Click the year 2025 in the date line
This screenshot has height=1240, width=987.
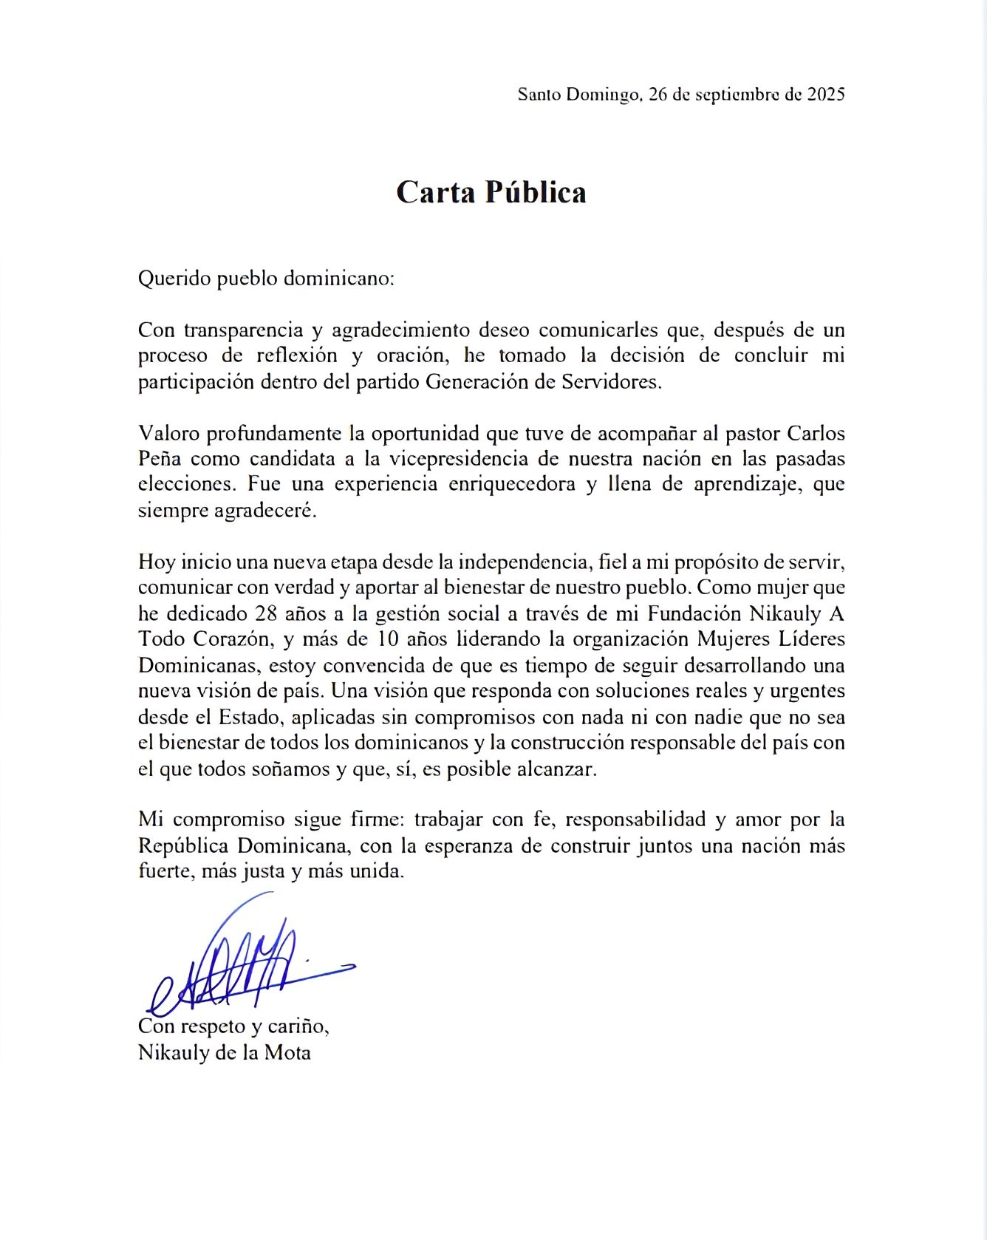[x=825, y=95]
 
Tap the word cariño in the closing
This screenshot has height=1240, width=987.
[x=300, y=1027]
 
